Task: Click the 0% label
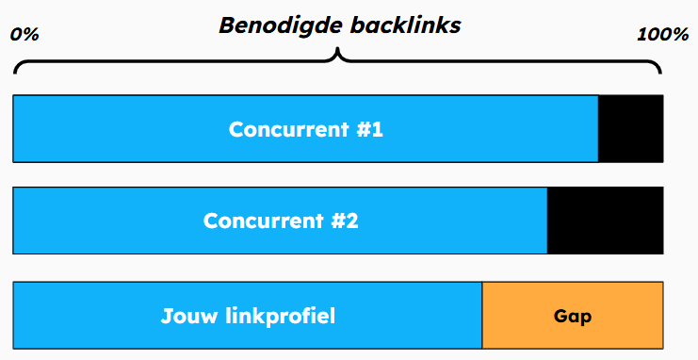(x=24, y=35)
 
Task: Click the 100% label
(x=663, y=35)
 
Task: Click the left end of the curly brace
(x=16, y=72)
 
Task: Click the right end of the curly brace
(x=660, y=72)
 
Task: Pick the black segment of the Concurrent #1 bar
(x=630, y=128)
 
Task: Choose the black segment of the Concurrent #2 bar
(x=605, y=221)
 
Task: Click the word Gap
(x=573, y=317)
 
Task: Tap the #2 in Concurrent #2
(x=344, y=221)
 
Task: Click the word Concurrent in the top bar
(x=288, y=129)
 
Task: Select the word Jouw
(x=188, y=316)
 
